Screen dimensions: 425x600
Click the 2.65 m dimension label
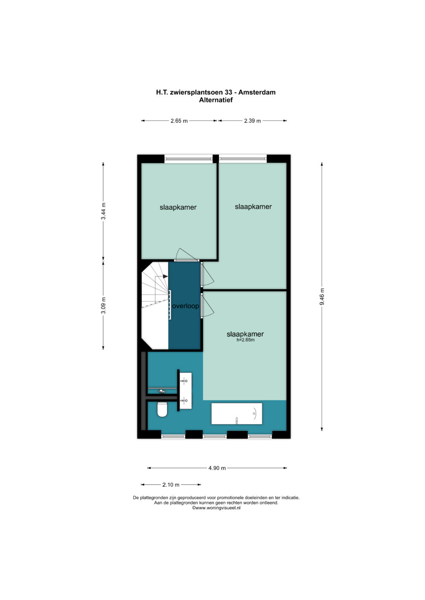[179, 121]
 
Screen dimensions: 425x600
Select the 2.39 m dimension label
[252, 121]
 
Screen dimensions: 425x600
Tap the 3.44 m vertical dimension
[103, 211]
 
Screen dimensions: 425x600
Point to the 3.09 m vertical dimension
[103, 305]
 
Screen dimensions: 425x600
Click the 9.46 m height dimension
[322, 297]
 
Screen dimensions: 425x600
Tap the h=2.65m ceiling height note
[245, 340]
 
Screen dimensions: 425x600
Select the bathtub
[237, 413]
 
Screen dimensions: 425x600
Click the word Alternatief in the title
[216, 100]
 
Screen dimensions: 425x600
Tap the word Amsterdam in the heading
[257, 92]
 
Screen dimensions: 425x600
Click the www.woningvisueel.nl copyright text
[216, 508]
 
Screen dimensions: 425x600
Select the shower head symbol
[161, 391]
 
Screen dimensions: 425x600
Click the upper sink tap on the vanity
[184, 380]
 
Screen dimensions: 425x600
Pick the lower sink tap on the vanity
[184, 401]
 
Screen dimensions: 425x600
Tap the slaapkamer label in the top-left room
[178, 207]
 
